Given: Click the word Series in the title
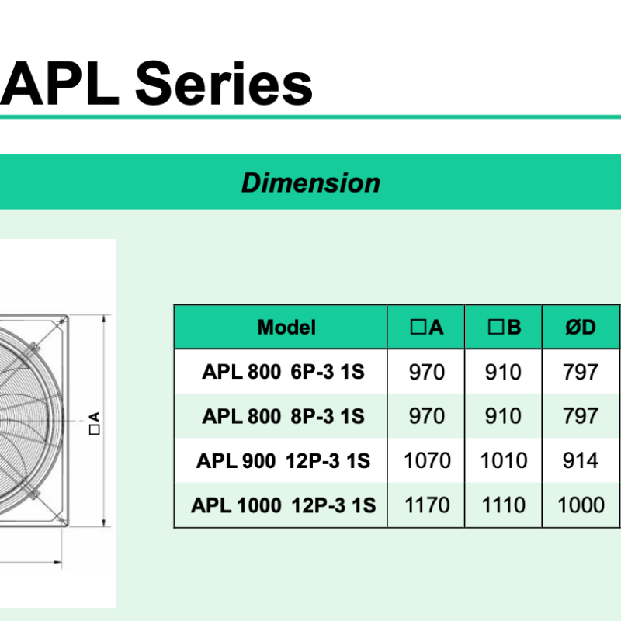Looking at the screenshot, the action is pyautogui.click(x=224, y=83).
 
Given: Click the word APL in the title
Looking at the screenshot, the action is pyautogui.click(x=60, y=83).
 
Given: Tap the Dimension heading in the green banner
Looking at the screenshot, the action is pyautogui.click(x=311, y=182).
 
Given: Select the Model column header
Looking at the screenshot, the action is pyautogui.click(x=286, y=327).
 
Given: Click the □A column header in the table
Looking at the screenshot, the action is pyautogui.click(x=426, y=327).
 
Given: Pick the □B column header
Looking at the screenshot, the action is pyautogui.click(x=504, y=327).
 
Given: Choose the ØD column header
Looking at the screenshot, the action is pyautogui.click(x=581, y=327).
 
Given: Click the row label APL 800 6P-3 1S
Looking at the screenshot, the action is pyautogui.click(x=283, y=372).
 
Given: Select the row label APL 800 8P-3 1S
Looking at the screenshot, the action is pyautogui.click(x=283, y=416).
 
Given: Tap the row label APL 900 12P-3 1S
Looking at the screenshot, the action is pyautogui.click(x=283, y=460).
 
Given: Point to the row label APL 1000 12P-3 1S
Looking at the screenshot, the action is pyautogui.click(x=283, y=505).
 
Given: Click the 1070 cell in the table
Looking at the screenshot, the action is pyautogui.click(x=427, y=460).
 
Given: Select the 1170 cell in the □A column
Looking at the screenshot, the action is pyautogui.click(x=427, y=505).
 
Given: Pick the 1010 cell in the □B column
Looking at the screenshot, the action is pyautogui.click(x=503, y=460).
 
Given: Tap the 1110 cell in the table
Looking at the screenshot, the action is pyautogui.click(x=503, y=505).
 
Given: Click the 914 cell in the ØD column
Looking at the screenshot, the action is pyautogui.click(x=580, y=460).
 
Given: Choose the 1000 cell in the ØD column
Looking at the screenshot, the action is pyautogui.click(x=581, y=505).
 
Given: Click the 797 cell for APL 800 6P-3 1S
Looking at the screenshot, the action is pyautogui.click(x=580, y=372).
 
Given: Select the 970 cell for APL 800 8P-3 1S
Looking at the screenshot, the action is pyautogui.click(x=426, y=416).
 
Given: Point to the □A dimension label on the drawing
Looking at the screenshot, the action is pyautogui.click(x=95, y=423).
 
